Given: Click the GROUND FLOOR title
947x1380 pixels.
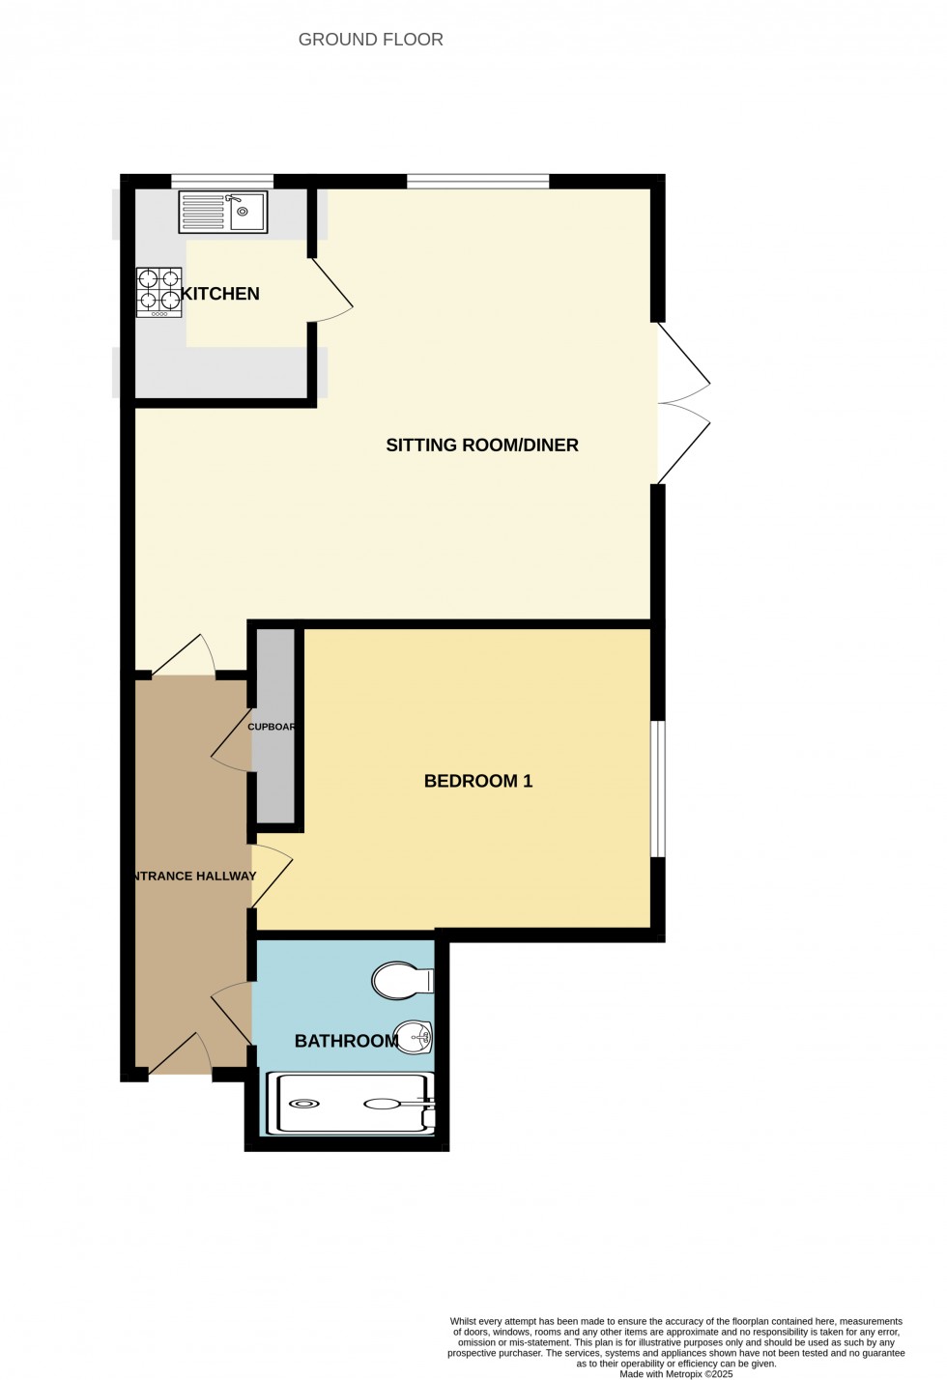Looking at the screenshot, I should pos(370,40).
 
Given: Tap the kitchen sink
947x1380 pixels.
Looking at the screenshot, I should pos(223,213).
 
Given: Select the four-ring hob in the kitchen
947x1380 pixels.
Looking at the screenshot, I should pos(158,292).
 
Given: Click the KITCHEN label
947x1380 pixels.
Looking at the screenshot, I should pos(220,294).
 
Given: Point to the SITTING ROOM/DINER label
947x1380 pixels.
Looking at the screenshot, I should pos(482,446).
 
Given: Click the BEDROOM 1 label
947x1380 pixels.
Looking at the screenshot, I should pos(478,781).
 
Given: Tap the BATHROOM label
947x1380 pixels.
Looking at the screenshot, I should pos(346,1041).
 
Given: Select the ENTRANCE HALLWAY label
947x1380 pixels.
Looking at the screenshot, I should pos(194,877).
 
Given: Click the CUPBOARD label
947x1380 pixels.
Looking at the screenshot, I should pos(272,727).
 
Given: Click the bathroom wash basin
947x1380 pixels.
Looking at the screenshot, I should pos(414,1039).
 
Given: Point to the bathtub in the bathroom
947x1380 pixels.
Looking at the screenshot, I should pos(352,1103).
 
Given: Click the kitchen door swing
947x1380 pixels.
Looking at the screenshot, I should pos(332,290).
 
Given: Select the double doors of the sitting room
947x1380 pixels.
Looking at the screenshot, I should pos(684,403).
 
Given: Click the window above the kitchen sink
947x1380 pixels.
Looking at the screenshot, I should pos(222,181).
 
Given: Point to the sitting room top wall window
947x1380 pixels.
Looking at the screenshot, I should pos(477,181).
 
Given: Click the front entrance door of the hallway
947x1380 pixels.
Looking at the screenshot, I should pos(181,1055).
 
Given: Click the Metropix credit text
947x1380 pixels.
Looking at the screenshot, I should pos(676,1373).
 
